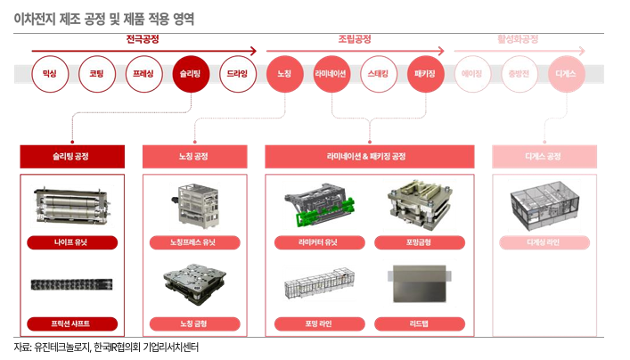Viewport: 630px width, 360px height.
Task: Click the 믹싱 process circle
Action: [x=49, y=74]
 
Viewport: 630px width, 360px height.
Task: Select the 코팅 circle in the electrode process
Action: [x=96, y=74]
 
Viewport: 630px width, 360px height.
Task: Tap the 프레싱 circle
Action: [x=143, y=74]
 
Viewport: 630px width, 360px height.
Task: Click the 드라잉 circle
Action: [x=238, y=74]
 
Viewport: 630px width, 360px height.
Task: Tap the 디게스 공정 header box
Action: [x=544, y=157]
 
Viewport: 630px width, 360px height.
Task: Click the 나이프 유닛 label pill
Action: [x=71, y=241]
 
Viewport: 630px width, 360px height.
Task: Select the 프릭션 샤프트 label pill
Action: [x=71, y=323]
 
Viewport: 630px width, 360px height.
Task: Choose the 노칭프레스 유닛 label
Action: [x=193, y=241]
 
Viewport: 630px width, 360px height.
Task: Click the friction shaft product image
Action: [x=71, y=284]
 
